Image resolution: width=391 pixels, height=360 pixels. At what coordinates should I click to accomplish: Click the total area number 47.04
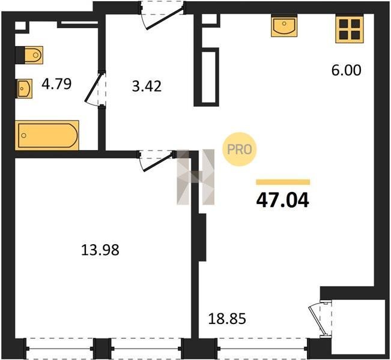[x=282, y=200]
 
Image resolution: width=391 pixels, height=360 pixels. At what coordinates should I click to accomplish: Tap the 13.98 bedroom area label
[x=100, y=250]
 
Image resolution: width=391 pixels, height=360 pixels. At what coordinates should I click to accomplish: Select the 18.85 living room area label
[x=227, y=319]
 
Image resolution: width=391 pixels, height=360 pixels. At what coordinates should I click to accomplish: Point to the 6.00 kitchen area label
[x=346, y=70]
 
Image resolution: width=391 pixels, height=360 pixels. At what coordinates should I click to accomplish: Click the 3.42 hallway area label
[x=147, y=86]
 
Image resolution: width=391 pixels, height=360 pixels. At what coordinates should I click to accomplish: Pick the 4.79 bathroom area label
[x=56, y=84]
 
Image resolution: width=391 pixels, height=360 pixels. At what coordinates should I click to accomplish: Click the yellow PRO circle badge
[x=240, y=149]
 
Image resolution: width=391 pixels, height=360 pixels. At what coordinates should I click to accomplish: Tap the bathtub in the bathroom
[x=47, y=135]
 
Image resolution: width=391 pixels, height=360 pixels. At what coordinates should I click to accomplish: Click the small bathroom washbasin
[x=24, y=88]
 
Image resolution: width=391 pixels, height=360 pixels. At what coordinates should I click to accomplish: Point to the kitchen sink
[x=284, y=26]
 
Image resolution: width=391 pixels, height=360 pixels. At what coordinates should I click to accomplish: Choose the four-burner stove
[x=349, y=29]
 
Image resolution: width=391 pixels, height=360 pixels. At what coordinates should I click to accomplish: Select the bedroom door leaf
[x=159, y=163]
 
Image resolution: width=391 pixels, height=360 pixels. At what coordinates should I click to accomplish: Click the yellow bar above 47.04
[x=283, y=182]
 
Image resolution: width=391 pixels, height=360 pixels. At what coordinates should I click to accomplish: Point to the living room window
[x=262, y=348]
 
